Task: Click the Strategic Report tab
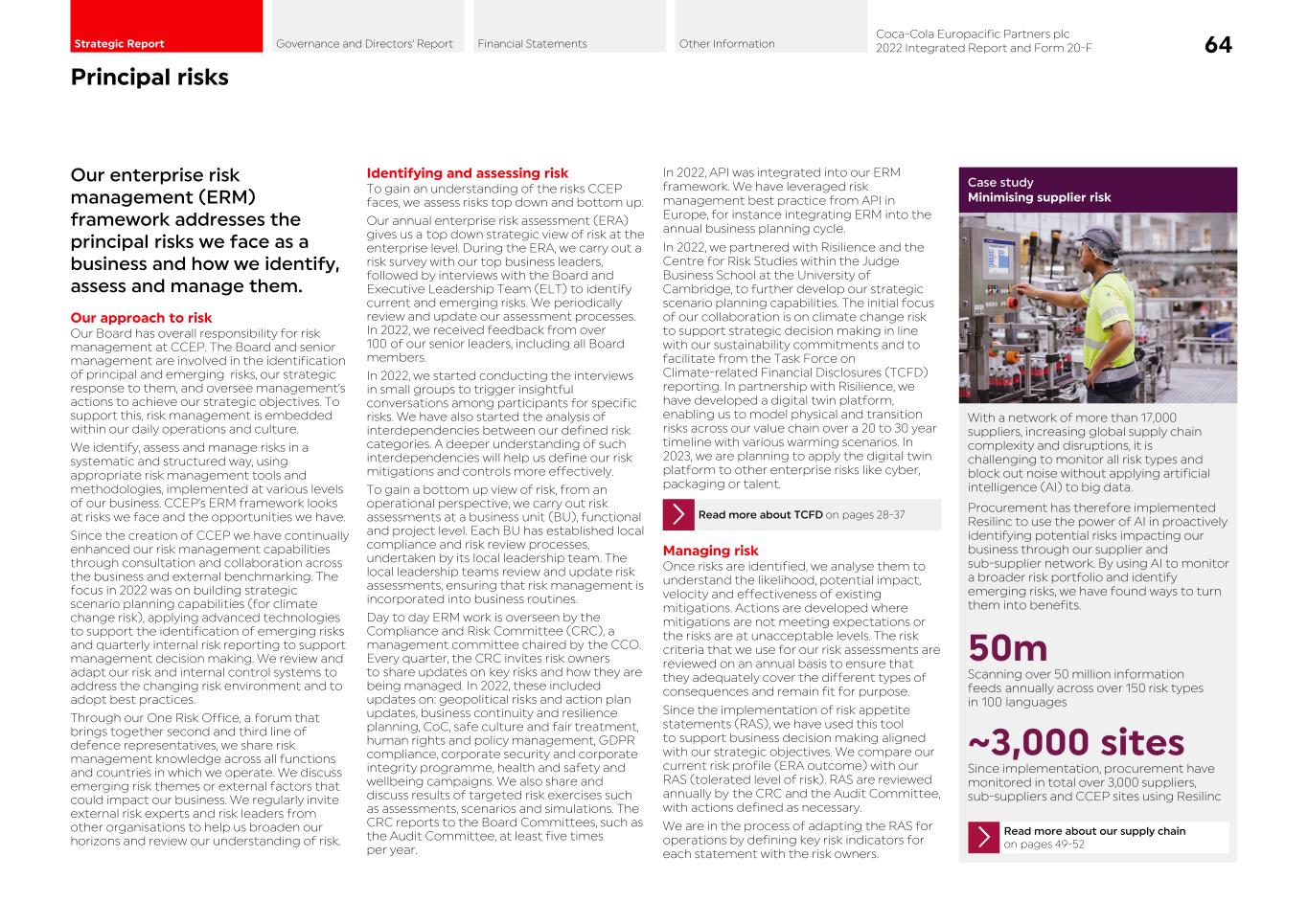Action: [x=119, y=43]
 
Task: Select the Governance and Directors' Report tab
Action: [x=364, y=43]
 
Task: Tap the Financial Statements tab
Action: [x=532, y=43]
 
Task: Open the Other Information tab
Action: [x=726, y=43]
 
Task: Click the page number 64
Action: [x=1218, y=45]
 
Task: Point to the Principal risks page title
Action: [x=149, y=77]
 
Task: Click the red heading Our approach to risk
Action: [x=141, y=318]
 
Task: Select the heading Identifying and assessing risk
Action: [x=467, y=173]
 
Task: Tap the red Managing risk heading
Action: [x=710, y=551]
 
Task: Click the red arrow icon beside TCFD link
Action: [x=678, y=515]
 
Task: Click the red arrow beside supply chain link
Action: [x=983, y=838]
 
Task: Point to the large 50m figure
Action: [x=1007, y=648]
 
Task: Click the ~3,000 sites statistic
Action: [x=1075, y=742]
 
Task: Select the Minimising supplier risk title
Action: [x=1039, y=197]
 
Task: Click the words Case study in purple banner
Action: [x=999, y=182]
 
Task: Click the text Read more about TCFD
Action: [x=760, y=515]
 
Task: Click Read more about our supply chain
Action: [x=1093, y=831]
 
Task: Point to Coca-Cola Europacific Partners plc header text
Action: [x=972, y=34]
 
